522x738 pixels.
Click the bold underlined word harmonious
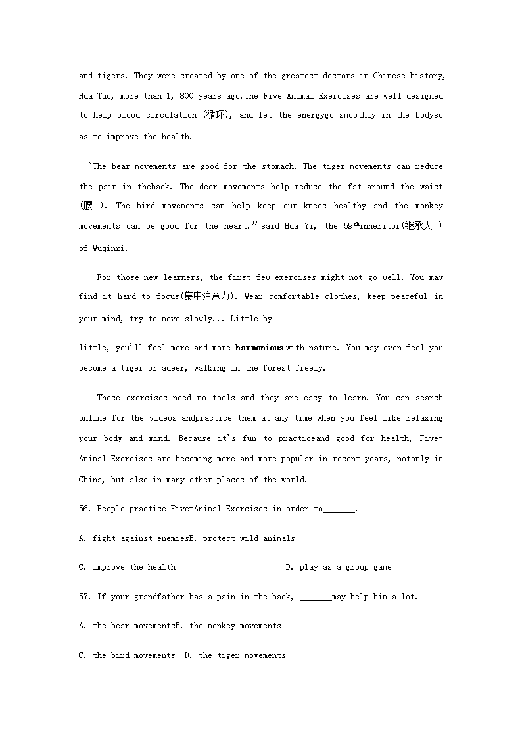pos(259,348)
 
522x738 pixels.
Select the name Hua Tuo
pos(97,96)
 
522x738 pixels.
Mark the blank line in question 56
pos(339,509)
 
